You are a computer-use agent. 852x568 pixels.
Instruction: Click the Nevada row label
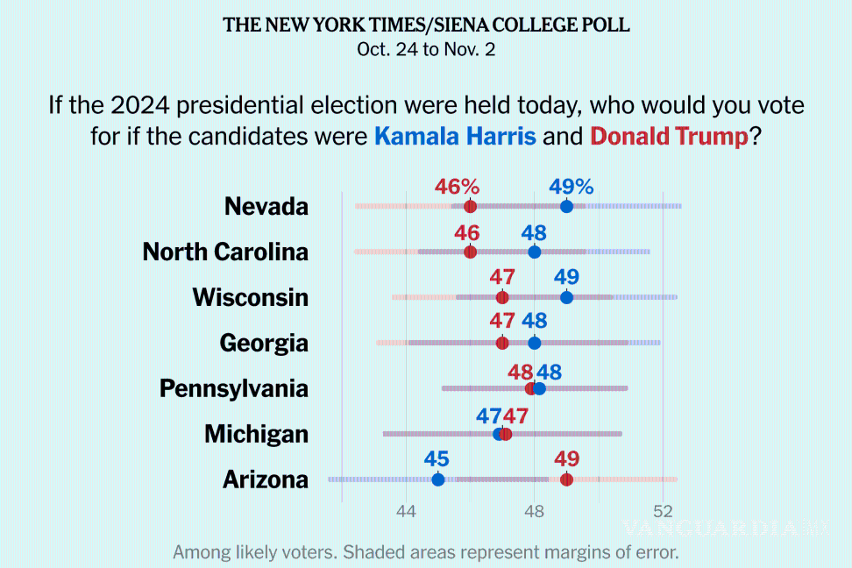click(x=266, y=206)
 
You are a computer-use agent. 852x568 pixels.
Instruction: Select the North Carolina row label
click(x=225, y=252)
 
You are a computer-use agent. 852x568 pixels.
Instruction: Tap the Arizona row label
click(x=265, y=479)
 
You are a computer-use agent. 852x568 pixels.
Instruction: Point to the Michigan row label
click(x=256, y=434)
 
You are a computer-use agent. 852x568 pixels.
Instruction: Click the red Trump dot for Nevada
click(x=470, y=206)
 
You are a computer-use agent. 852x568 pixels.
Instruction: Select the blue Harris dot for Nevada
click(x=566, y=206)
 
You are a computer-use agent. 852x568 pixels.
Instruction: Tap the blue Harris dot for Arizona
click(x=438, y=479)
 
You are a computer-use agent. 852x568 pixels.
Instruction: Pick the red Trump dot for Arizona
click(x=566, y=479)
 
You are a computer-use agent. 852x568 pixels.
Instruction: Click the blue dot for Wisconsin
click(x=566, y=297)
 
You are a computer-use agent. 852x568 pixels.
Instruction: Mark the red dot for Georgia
click(x=502, y=343)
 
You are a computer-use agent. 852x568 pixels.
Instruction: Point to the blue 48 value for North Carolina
click(x=534, y=233)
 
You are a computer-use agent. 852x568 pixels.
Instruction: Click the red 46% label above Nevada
click(x=458, y=187)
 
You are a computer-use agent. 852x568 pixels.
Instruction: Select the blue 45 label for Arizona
click(x=437, y=459)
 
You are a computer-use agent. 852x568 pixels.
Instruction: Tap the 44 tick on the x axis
click(x=406, y=513)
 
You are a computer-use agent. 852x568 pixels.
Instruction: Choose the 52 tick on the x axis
click(x=663, y=513)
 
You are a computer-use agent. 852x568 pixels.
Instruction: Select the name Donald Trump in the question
click(x=669, y=137)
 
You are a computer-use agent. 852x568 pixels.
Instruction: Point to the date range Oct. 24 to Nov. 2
click(x=426, y=49)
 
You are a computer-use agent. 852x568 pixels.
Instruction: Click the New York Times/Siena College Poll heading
click(x=426, y=25)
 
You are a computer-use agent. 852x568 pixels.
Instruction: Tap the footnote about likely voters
click(x=426, y=552)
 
